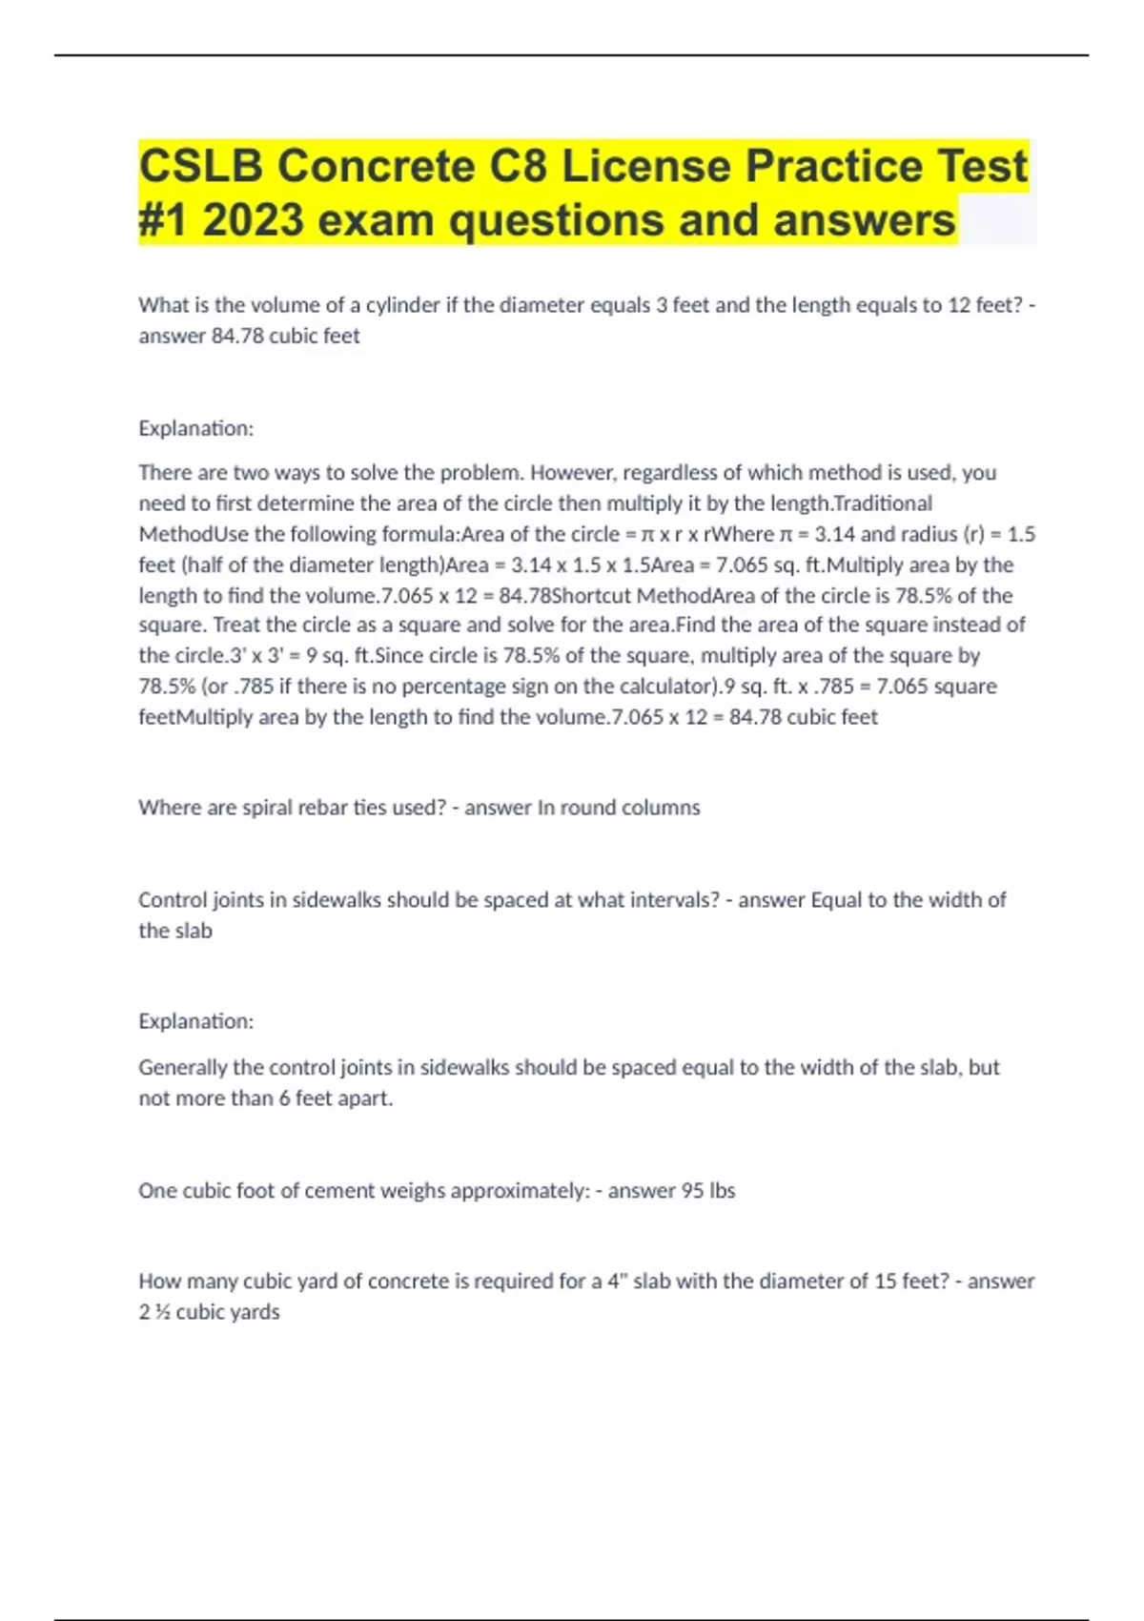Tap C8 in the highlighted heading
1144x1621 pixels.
[519, 167]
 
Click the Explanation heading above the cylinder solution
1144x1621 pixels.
[195, 428]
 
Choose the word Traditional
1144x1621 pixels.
[883, 503]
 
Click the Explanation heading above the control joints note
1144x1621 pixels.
[195, 1021]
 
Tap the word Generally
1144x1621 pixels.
[183, 1067]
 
